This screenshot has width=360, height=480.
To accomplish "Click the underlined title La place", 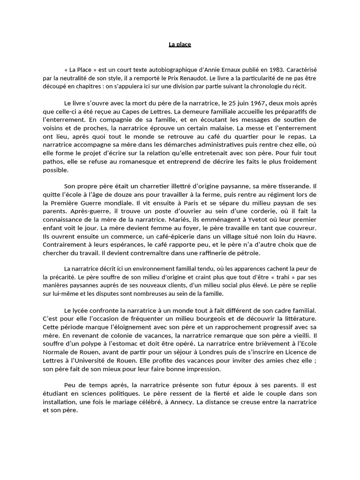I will pyautogui.click(x=180, y=45).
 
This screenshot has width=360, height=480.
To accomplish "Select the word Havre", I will pyautogui.click(x=307, y=236).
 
